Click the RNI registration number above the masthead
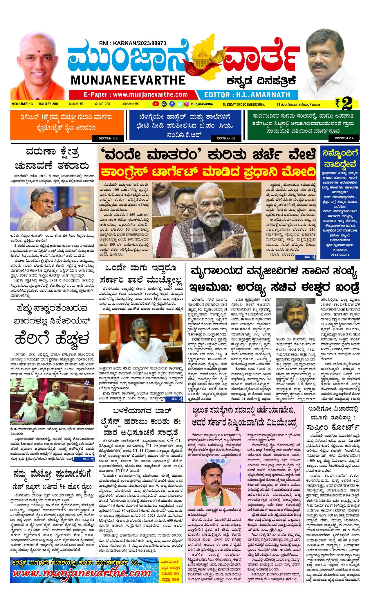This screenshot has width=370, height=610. pos(132,43)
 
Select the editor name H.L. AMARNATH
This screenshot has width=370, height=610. pos(247,95)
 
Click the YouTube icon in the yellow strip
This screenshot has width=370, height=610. pos(156,104)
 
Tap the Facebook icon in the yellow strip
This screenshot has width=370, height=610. pos(172,104)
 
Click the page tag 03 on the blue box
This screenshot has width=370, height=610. pos(228,138)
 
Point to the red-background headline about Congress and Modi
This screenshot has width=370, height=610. pos(207,171)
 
